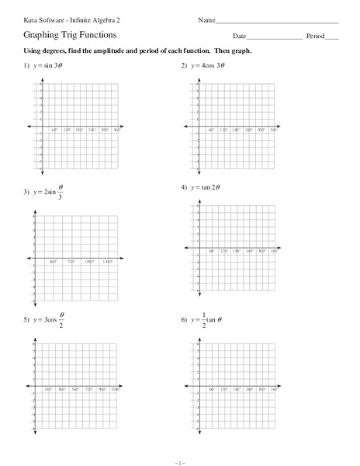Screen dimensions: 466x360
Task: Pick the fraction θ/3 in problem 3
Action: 61,190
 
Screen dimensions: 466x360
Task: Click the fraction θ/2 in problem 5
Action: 61,318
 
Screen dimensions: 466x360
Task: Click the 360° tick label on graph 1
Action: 116,130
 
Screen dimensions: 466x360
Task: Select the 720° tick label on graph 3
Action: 71,262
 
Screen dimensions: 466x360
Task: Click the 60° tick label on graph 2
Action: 210,130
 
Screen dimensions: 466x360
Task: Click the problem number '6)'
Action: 184,319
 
